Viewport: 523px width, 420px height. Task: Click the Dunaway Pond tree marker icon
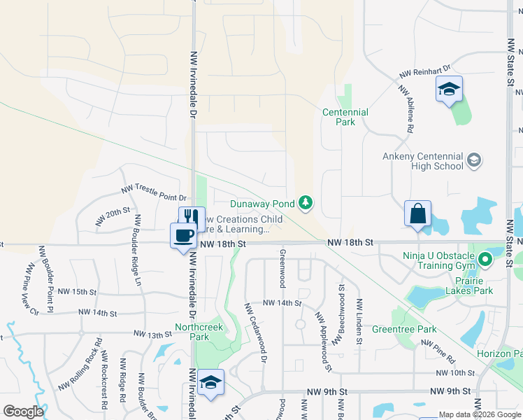tap(305, 203)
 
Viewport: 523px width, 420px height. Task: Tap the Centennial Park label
tap(345, 117)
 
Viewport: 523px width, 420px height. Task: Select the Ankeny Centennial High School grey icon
tap(474, 161)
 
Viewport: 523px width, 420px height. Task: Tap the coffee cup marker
tap(184, 234)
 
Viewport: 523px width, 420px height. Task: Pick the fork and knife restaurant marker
tap(192, 218)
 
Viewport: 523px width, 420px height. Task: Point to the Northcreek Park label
tap(192, 332)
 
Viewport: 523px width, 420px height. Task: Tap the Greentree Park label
tap(414, 329)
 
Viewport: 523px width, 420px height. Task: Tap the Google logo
tap(23, 412)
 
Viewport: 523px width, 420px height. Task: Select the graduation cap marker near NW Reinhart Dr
tap(450, 89)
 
